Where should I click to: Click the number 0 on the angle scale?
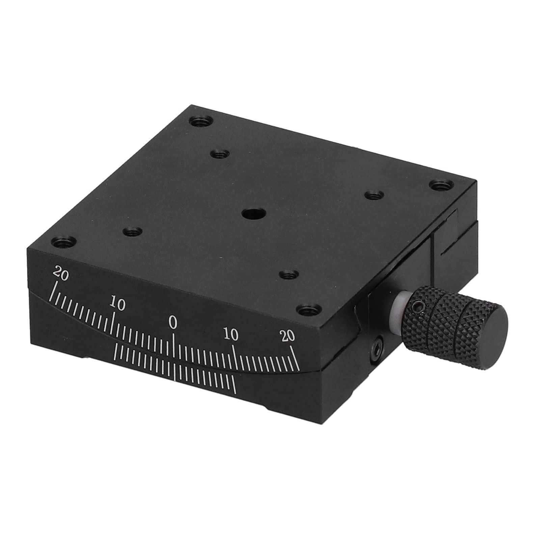click(173, 323)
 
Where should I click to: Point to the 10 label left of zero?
click(117, 304)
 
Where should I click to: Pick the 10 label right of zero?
click(231, 335)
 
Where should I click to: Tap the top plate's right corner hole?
click(440, 185)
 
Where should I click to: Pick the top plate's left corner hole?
click(64, 242)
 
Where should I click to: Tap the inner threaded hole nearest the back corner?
click(220, 155)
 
